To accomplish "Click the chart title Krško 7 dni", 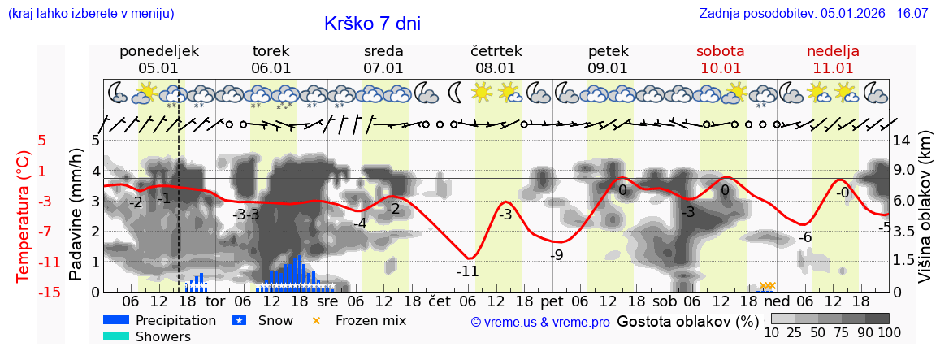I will click(x=372, y=24).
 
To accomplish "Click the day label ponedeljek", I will click(x=158, y=51).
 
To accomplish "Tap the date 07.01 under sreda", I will click(x=383, y=68).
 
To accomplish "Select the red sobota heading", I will click(x=720, y=51).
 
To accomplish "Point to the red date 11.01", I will click(x=833, y=68).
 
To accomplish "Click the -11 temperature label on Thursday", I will click(x=467, y=271).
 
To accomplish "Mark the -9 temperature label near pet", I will click(x=557, y=255).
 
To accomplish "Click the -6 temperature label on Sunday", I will click(x=805, y=237).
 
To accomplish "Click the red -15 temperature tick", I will click(x=27, y=292).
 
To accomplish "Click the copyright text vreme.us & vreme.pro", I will click(x=540, y=323).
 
